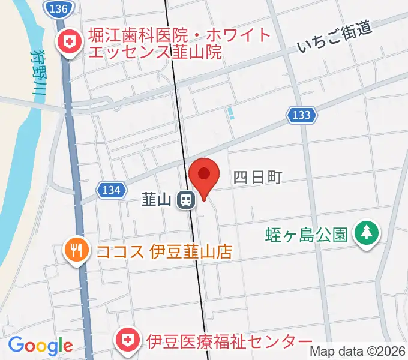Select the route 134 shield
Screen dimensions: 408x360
coord(112,190)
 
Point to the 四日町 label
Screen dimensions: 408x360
coord(257,177)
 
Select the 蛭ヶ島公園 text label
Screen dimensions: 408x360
coord(307,233)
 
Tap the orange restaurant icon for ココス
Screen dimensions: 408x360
coord(76,249)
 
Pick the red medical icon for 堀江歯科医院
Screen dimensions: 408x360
coord(66,43)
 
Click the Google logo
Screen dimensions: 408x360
coord(40,346)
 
